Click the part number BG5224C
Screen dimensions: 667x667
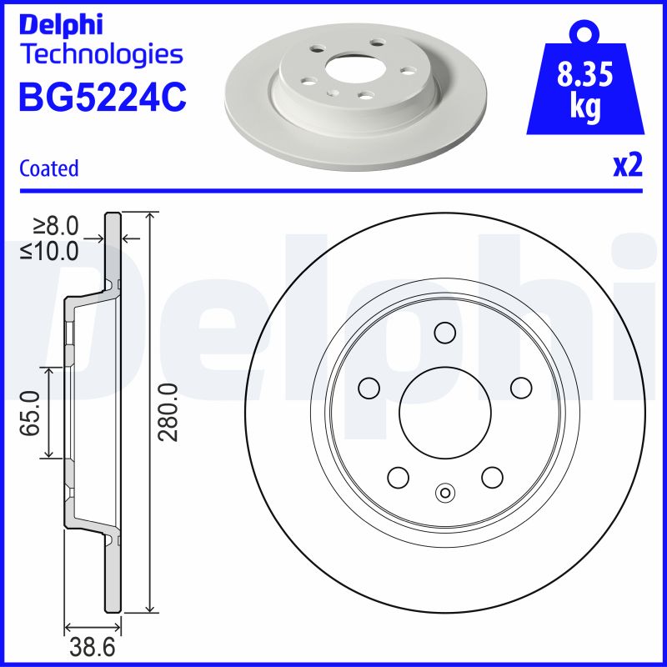(102, 97)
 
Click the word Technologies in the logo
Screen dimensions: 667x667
(101, 55)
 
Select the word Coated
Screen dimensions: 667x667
(48, 168)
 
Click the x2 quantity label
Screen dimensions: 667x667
(628, 167)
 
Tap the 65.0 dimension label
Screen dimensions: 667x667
(32, 412)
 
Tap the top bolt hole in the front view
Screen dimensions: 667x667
(445, 333)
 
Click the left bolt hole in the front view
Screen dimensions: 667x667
(368, 388)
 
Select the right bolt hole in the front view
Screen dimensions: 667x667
(521, 388)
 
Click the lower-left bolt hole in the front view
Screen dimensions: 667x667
(398, 477)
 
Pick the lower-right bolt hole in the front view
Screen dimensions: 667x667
(492, 477)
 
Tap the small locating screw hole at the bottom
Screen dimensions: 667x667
(445, 493)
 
